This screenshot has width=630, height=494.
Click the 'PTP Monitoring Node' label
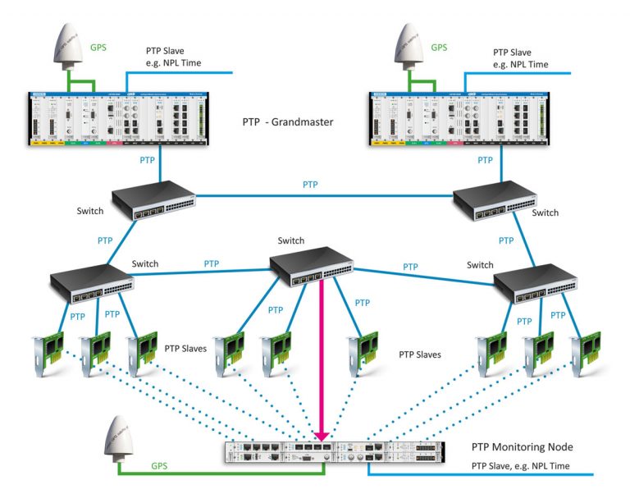[522, 447]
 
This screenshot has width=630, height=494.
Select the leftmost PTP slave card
[47, 351]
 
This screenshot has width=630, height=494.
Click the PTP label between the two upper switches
[310, 185]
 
